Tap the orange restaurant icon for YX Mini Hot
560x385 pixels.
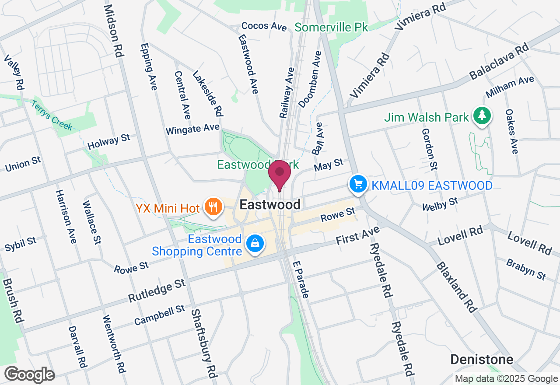(213, 207)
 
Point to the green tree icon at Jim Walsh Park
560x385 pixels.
(482, 116)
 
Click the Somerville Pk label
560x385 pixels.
(331, 28)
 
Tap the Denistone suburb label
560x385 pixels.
(482, 360)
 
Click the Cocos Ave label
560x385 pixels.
(264, 26)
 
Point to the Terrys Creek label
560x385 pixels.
(52, 115)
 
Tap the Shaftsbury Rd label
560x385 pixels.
(204, 346)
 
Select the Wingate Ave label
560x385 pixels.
(192, 129)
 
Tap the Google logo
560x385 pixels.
(29, 374)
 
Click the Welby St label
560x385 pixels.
(440, 204)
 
